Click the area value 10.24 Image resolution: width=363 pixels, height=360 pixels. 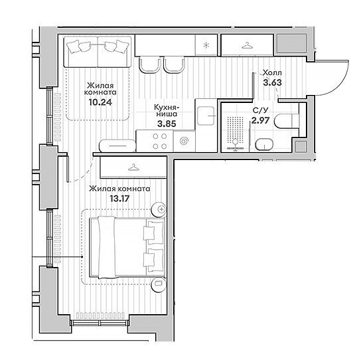[x=100, y=102]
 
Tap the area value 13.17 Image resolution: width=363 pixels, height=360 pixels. [x=119, y=199]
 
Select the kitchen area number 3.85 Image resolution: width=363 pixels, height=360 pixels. [x=167, y=124]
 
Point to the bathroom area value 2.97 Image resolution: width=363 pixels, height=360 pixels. [x=260, y=120]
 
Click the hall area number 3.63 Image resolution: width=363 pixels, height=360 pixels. [x=272, y=82]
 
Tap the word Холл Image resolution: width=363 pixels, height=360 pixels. [x=272, y=73]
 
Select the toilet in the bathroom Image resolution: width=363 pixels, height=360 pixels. [x=287, y=121]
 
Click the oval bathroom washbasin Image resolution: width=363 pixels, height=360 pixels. [x=264, y=145]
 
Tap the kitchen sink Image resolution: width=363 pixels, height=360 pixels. [x=206, y=116]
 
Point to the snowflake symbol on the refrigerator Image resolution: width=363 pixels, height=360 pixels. [x=206, y=45]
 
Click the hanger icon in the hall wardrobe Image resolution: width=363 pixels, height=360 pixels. [x=248, y=45]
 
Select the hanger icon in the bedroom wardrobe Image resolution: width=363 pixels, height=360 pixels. [x=133, y=167]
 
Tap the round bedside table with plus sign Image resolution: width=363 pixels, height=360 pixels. [x=159, y=209]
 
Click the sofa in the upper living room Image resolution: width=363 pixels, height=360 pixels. [x=98, y=52]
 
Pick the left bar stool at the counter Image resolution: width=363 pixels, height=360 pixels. [x=150, y=66]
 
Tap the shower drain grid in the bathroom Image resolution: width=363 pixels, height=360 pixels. [x=235, y=128]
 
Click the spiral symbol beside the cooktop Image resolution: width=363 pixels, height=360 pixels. [x=184, y=141]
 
